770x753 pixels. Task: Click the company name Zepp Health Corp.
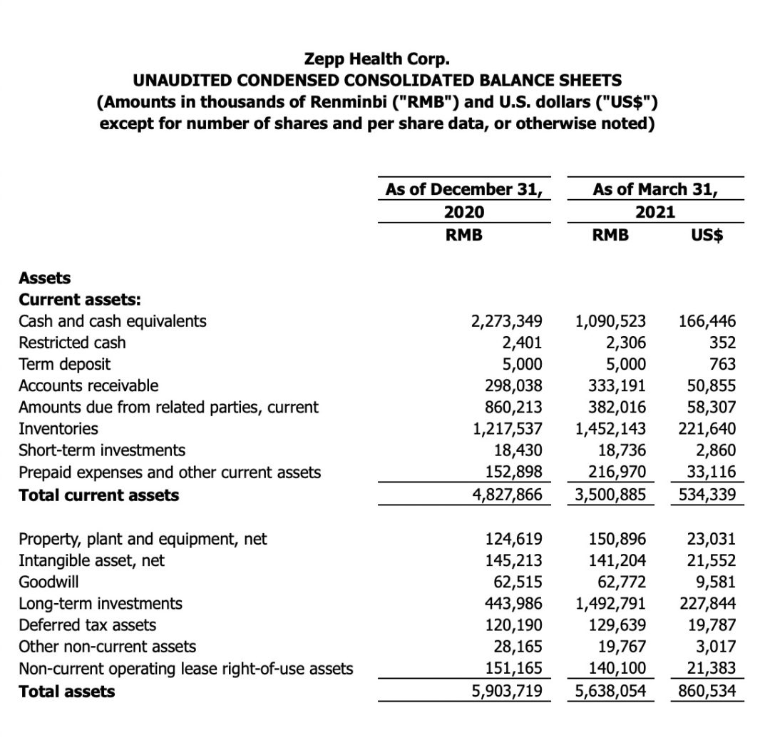[377, 57]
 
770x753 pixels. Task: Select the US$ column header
[708, 235]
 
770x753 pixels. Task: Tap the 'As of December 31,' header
[463, 189]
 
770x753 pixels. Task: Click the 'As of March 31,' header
[656, 189]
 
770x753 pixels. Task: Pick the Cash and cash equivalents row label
[113, 321]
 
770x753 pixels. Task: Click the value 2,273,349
[508, 321]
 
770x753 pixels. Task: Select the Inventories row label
[58, 429]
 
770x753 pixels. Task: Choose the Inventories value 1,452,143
[610, 429]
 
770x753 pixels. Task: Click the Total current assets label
[99, 495]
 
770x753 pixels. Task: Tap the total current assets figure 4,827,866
[508, 495]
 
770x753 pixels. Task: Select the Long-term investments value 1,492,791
[610, 604]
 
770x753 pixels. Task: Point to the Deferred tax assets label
[87, 625]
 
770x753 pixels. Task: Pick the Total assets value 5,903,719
[508, 691]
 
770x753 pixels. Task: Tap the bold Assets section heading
[44, 278]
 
